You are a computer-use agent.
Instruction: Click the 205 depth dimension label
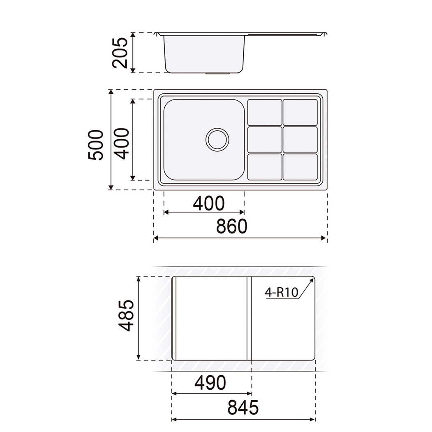point(120,53)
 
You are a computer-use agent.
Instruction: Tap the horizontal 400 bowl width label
point(209,203)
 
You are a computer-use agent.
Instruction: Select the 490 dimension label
point(210,383)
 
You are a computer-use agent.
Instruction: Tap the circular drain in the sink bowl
point(217,139)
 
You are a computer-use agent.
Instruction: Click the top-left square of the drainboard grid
point(265,112)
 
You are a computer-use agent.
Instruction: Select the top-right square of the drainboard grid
point(300,112)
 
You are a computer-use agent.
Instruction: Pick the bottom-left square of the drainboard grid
point(265,167)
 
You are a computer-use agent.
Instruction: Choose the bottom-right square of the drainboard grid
point(300,167)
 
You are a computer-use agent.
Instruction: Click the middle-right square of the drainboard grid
point(300,140)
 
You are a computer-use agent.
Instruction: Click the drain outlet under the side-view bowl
point(218,74)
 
